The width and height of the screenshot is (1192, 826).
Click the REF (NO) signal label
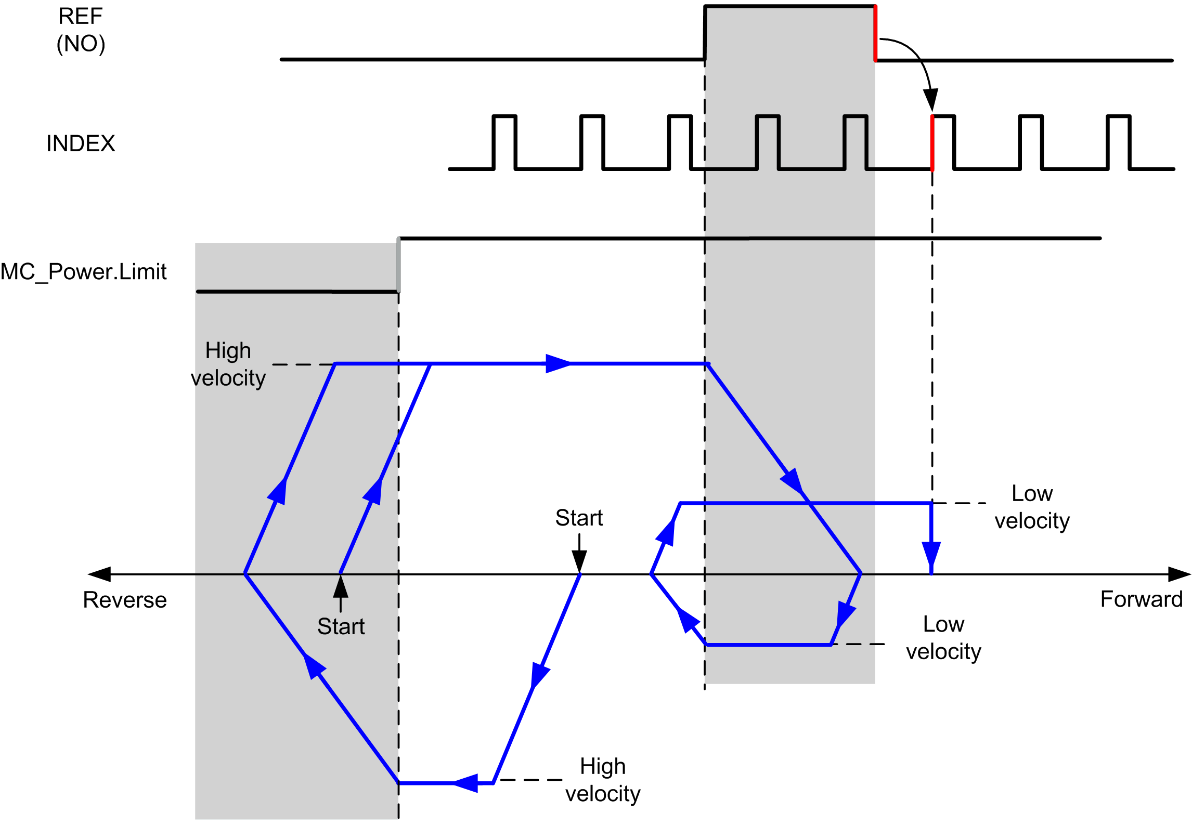pos(81,30)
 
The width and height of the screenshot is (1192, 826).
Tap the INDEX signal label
pos(81,143)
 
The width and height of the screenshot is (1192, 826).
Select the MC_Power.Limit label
pos(83,272)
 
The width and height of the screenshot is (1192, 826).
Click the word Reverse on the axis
pos(125,600)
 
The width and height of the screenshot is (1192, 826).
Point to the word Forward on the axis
pos(1142,599)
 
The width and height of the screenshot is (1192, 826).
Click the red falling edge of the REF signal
pos(875,33)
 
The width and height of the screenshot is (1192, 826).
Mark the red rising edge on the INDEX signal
pos(932,143)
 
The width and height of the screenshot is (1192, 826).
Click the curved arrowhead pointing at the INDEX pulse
pos(931,99)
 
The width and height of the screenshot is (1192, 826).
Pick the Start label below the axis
pos(341,626)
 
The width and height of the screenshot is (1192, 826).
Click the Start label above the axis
pos(579,518)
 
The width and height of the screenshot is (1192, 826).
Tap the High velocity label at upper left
pos(228,364)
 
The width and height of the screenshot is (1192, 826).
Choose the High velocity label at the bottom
pos(603,780)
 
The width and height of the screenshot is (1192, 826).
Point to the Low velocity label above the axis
pos(1032,507)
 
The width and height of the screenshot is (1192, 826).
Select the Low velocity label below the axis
pos(943,638)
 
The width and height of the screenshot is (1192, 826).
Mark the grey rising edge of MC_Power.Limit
pos(399,265)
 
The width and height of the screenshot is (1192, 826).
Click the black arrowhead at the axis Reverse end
pos(99,574)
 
